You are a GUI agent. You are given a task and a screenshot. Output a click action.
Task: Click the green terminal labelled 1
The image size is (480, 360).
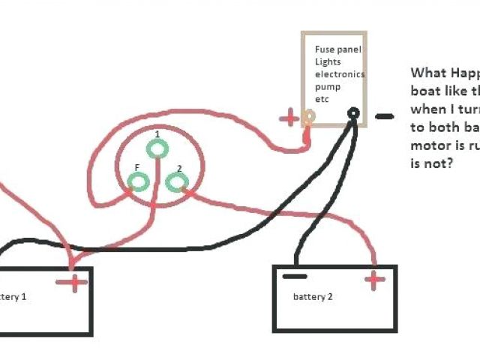pos(157,149)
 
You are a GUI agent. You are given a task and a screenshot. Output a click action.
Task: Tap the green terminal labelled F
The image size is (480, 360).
pos(139,181)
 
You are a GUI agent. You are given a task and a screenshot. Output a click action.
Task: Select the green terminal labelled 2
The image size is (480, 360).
pos(175,182)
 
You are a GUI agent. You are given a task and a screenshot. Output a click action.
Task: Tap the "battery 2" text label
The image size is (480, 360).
pos(313,297)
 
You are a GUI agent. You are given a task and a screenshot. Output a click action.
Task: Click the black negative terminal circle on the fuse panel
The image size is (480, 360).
pos(352,114)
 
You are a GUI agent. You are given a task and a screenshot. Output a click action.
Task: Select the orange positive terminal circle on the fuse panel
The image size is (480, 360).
pos(308,116)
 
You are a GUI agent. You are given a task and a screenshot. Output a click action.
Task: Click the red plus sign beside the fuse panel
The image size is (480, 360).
pos(289,118)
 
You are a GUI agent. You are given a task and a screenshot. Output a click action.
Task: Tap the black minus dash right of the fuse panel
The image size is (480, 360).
pos(384,116)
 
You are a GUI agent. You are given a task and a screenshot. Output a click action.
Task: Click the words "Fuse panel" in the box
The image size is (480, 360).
pos(337,49)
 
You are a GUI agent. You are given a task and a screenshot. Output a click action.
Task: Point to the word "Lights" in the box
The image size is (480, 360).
pos(328,61)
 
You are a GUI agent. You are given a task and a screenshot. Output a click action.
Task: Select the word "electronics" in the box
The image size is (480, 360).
pos(340,74)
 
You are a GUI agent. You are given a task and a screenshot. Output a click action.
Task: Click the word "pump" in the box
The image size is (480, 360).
pos(327,87)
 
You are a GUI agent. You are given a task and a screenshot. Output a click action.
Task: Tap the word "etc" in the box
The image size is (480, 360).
pos(322,99)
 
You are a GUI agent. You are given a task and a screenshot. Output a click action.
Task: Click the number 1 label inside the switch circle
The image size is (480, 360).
pos(157,134)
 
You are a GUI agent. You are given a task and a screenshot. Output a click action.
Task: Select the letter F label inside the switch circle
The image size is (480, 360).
pos(136,167)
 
